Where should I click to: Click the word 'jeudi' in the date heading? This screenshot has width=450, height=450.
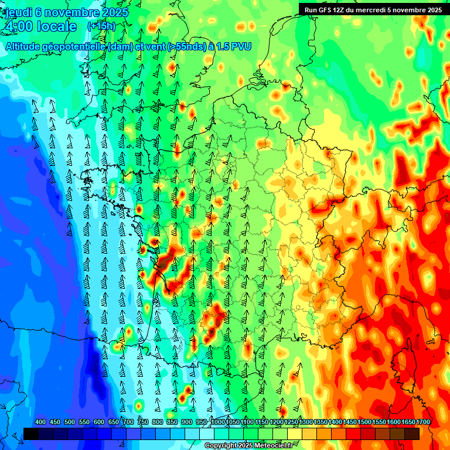point(18,12)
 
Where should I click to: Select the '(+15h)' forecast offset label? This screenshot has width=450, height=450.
point(101,26)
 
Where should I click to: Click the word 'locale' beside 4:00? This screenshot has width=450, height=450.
point(57,26)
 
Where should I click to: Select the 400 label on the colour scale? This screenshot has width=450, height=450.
point(40,422)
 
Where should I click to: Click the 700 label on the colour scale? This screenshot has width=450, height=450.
point(128,422)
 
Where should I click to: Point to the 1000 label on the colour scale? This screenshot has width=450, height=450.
point(217,422)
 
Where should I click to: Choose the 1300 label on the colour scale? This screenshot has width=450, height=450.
point(306,422)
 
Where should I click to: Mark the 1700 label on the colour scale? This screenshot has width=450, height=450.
point(424,422)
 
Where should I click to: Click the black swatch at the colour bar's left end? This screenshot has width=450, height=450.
point(31,434)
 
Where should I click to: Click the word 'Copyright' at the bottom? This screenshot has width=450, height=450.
point(221,446)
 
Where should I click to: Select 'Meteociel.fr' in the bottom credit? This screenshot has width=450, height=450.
point(277,446)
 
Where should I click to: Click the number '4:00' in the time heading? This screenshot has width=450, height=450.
point(18,26)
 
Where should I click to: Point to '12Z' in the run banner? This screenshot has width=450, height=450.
point(342,9)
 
